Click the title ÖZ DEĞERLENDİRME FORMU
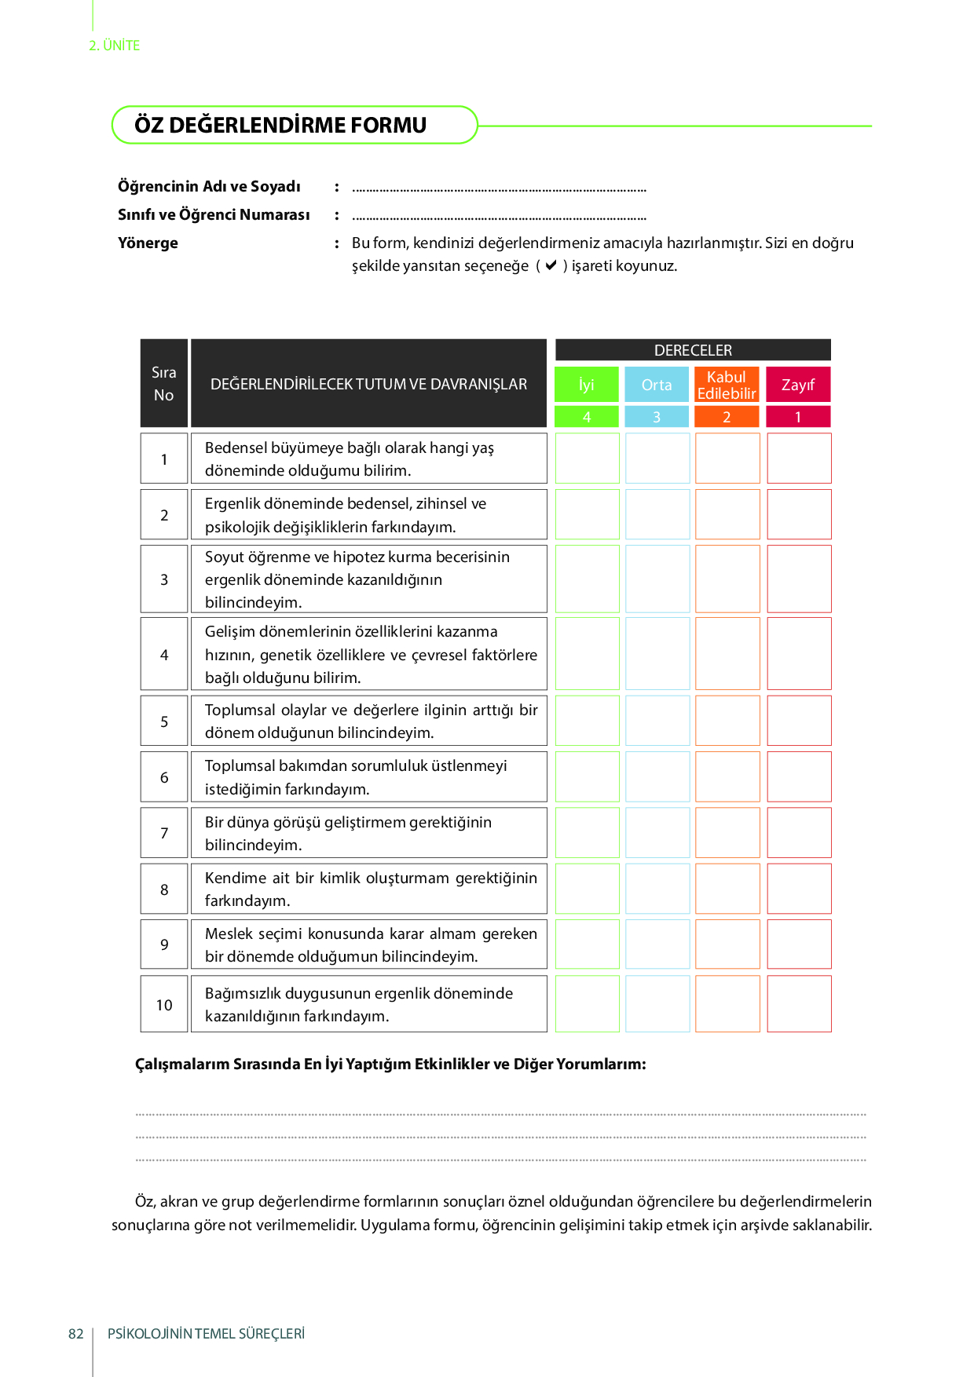(x=280, y=126)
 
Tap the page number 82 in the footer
(x=76, y=1334)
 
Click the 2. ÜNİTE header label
(x=115, y=46)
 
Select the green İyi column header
(x=587, y=385)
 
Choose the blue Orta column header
(x=657, y=385)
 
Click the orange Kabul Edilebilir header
(x=727, y=385)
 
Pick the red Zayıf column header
(x=798, y=385)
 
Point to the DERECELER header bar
(x=693, y=350)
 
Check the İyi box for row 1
(x=588, y=458)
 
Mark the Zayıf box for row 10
(x=799, y=1003)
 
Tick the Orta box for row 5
(x=657, y=721)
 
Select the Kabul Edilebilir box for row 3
(x=727, y=579)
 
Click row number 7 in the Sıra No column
(x=164, y=833)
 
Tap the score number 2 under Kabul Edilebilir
(x=727, y=417)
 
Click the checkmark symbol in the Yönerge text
(x=551, y=265)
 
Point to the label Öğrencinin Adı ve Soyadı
(x=209, y=187)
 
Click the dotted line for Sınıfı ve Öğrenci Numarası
(x=499, y=217)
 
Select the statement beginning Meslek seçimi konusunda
(x=371, y=944)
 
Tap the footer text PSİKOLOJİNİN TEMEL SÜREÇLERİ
(x=206, y=1334)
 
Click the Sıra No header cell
(x=164, y=383)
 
